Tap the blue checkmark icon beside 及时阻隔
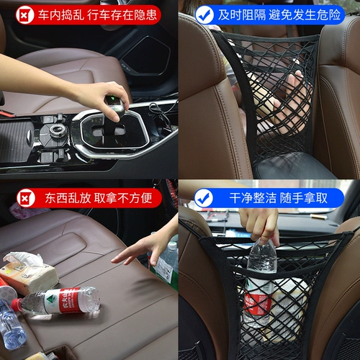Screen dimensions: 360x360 [x=204, y=14]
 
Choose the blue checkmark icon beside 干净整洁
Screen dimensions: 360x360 [x=204, y=196]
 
